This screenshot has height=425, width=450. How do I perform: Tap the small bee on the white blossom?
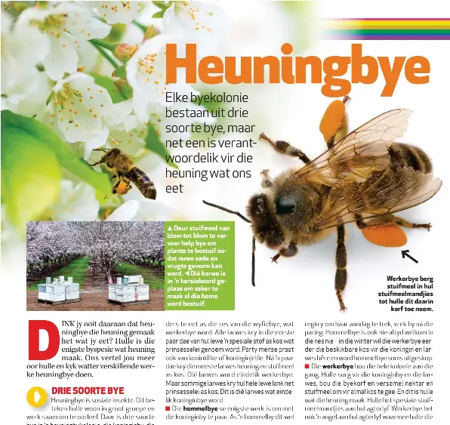tap(125, 170)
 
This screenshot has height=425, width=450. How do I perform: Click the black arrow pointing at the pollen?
tap(408, 257)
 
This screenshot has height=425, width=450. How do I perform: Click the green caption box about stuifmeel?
tap(200, 265)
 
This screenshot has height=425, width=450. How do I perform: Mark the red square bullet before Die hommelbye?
tap(168, 408)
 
